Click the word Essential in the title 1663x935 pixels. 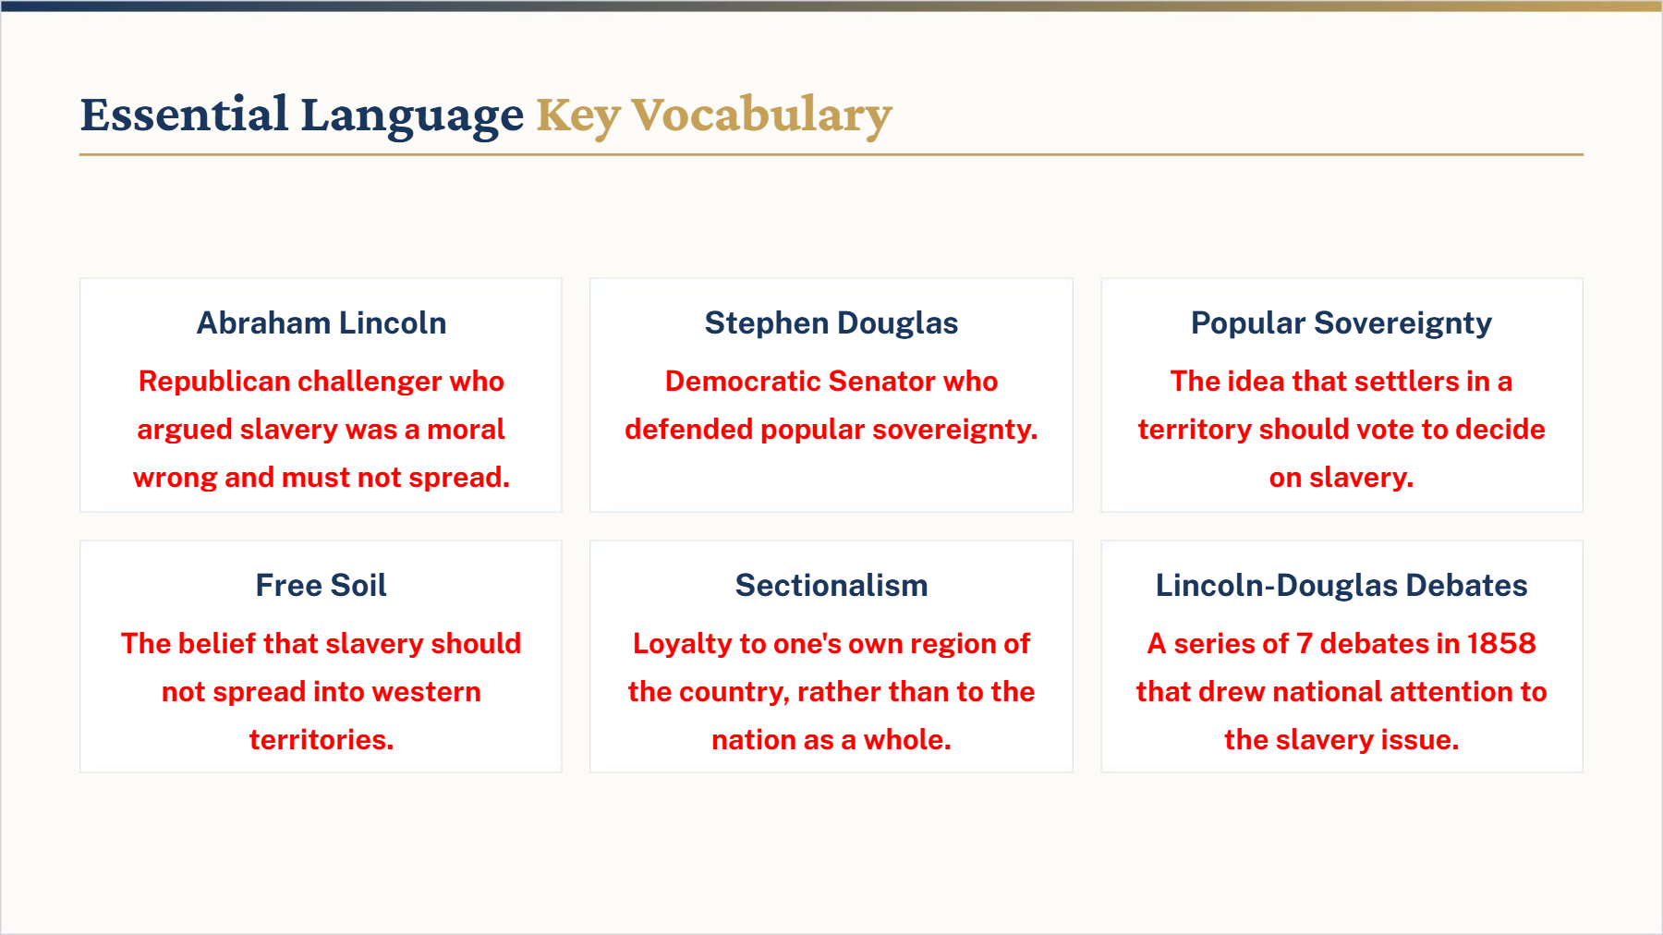click(x=185, y=115)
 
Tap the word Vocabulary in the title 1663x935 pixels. click(x=762, y=116)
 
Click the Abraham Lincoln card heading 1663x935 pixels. click(x=322, y=323)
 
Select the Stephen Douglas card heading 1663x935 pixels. click(x=831, y=323)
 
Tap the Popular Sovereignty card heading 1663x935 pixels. click(x=1341, y=323)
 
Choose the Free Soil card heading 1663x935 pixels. click(x=322, y=586)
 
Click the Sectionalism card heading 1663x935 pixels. click(x=831, y=586)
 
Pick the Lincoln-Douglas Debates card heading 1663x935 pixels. click(x=1341, y=586)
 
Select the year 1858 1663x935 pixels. click(x=1501, y=644)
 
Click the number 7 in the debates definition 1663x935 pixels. click(x=1305, y=644)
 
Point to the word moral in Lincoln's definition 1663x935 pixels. click(x=466, y=430)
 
